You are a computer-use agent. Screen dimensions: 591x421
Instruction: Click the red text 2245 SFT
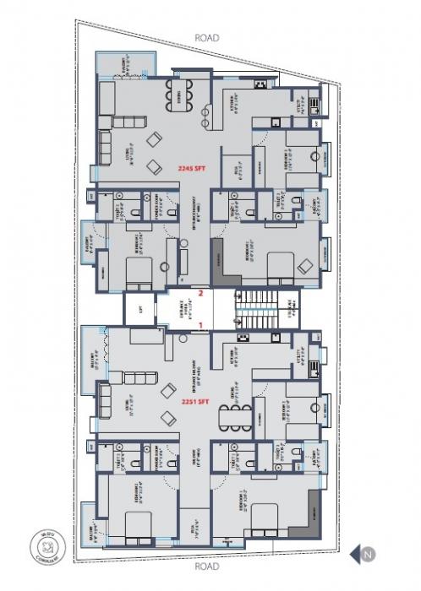pyautogui.click(x=193, y=169)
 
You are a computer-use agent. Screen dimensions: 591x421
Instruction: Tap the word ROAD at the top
pyautogui.click(x=207, y=38)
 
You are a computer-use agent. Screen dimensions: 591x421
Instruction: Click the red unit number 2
pyautogui.click(x=200, y=294)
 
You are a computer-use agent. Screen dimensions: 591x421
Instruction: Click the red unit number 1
pyautogui.click(x=200, y=323)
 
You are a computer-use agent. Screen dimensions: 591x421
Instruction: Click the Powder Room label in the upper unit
pyautogui.click(x=153, y=203)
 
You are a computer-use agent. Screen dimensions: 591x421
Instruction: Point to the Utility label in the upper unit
pyautogui.click(x=301, y=108)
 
